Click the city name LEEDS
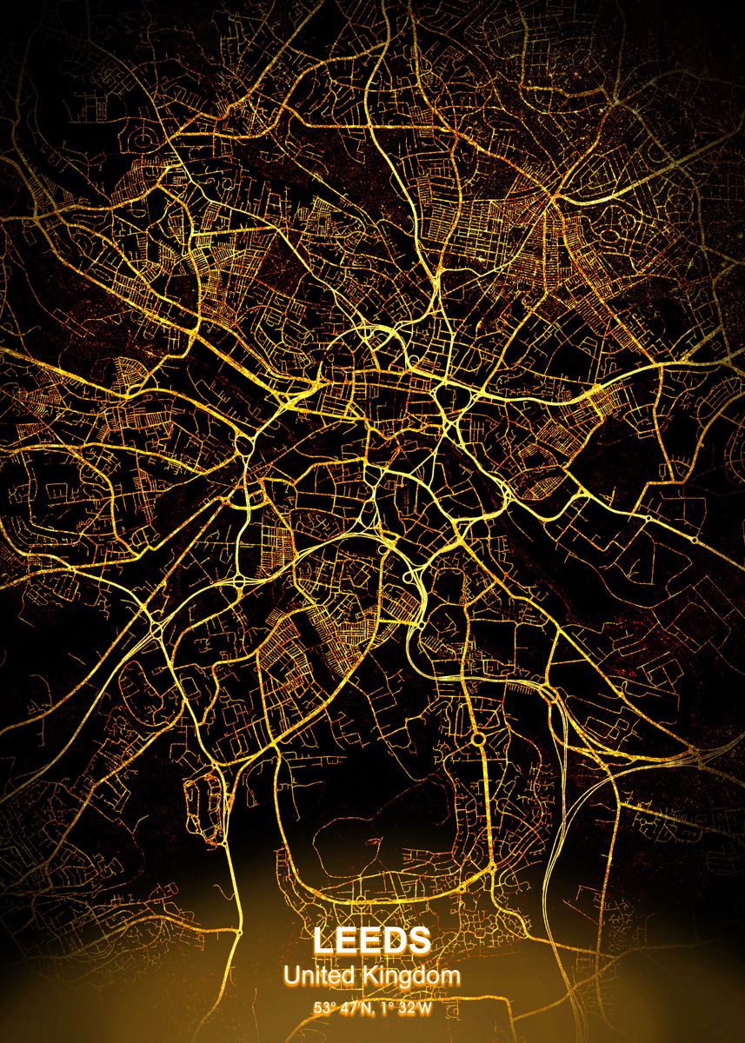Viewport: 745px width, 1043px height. point(372,940)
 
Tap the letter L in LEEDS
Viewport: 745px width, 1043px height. point(323,940)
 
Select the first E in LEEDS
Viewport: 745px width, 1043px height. point(346,940)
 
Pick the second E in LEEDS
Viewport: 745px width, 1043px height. point(370,940)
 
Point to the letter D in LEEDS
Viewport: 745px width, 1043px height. point(396,940)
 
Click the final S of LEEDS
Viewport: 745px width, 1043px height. point(420,940)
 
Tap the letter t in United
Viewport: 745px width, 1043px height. point(323,976)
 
